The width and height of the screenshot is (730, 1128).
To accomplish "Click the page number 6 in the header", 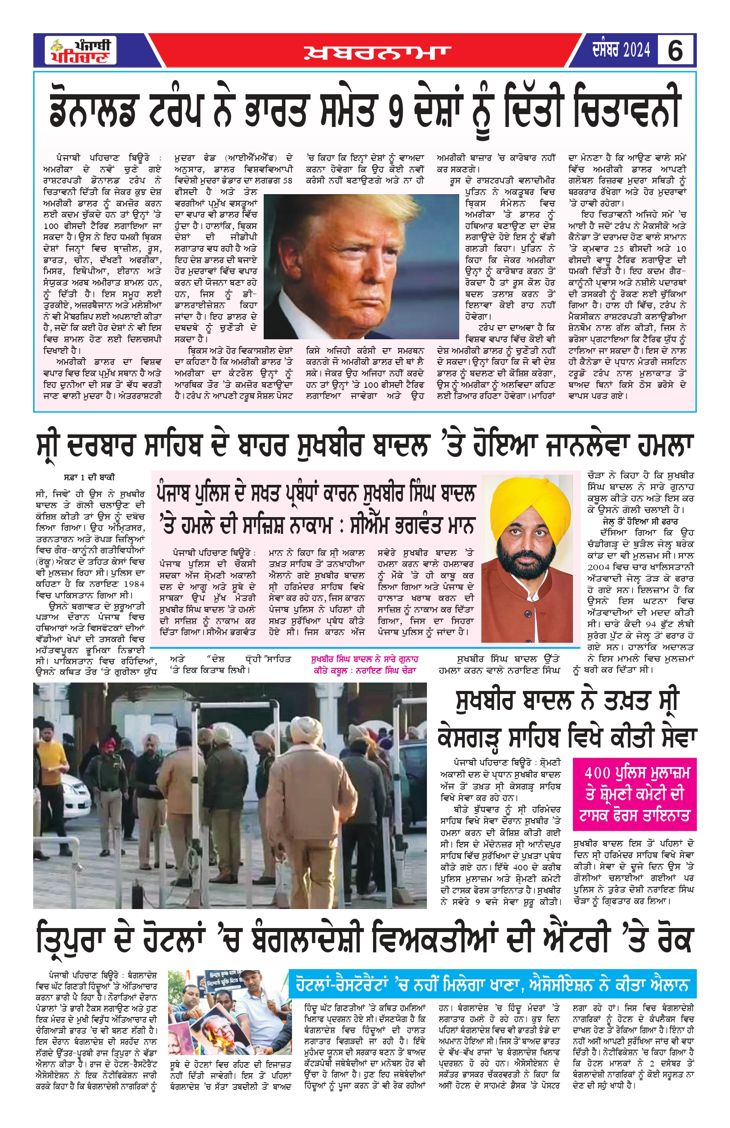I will point(675,50).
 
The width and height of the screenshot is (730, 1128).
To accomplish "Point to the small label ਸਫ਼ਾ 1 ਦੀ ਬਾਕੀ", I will point(89,477).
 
